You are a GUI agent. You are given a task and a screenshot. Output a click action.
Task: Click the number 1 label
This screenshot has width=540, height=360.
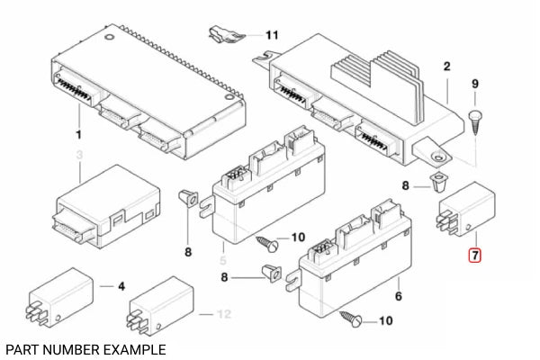[x=78, y=134]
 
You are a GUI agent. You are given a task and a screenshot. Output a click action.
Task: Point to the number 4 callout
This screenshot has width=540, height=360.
[x=122, y=286]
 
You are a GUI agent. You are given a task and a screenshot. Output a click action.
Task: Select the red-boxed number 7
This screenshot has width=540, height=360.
[x=474, y=256]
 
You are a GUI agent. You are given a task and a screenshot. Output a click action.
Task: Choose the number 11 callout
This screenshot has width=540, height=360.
[x=271, y=35]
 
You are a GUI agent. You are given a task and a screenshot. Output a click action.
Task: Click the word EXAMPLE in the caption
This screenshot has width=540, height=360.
[x=134, y=348]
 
